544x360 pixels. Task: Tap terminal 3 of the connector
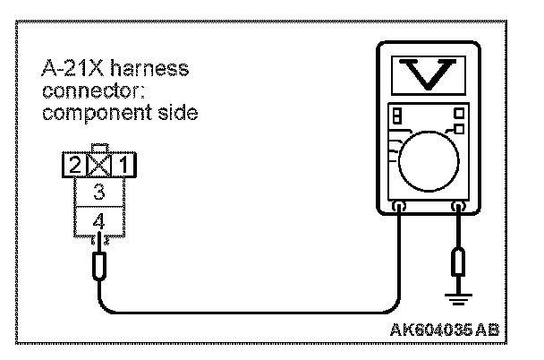tap(98, 190)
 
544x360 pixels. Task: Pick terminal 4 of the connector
tap(98, 217)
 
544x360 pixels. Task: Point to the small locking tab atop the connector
tap(98, 150)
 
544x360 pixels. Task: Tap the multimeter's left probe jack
tap(399, 207)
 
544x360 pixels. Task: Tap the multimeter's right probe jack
tap(459, 207)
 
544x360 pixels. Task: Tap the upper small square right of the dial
tap(459, 113)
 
